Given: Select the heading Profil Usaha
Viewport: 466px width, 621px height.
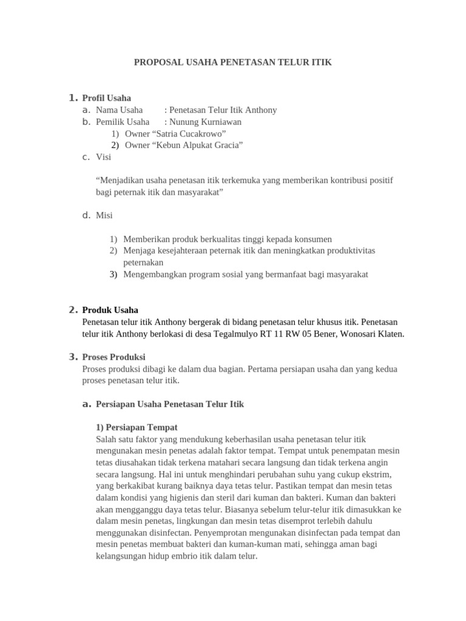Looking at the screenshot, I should [106, 98].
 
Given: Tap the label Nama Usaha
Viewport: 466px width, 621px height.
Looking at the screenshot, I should [119, 110].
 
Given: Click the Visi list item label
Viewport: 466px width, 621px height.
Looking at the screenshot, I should [103, 157].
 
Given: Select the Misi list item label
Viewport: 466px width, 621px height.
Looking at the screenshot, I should [104, 215].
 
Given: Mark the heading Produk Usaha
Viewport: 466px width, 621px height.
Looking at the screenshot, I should [110, 310].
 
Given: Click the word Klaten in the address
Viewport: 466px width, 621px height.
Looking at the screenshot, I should [390, 334].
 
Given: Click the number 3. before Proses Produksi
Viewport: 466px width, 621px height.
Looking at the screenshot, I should [73, 357].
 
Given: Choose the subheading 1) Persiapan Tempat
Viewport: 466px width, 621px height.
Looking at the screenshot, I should [137, 428].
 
